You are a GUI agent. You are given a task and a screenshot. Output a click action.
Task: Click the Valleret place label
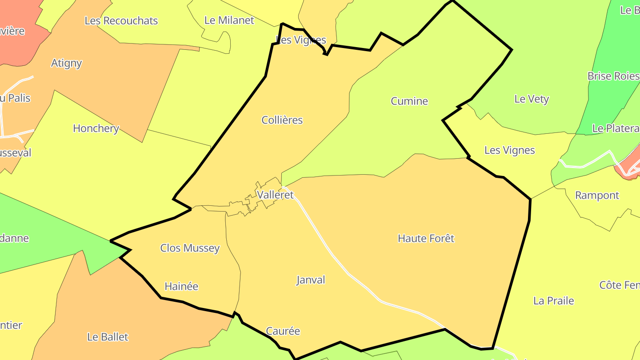tap(276, 195)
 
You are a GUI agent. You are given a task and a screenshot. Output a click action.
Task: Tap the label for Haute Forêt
tap(426, 239)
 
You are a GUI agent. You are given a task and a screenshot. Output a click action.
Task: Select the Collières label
tap(282, 120)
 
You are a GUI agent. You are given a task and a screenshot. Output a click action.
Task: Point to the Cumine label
tap(409, 101)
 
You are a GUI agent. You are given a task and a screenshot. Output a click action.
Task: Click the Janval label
tap(311, 280)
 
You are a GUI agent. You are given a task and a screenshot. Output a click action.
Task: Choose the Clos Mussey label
tap(190, 248)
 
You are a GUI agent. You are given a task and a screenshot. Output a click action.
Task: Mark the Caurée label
tap(283, 331)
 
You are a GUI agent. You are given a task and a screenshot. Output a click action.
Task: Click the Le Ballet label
tap(108, 337)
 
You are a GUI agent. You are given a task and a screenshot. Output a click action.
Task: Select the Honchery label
tap(96, 128)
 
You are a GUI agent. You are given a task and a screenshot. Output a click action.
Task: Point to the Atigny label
tap(67, 63)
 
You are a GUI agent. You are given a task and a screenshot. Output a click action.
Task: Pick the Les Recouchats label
tap(121, 21)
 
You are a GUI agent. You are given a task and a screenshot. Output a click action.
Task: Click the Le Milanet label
tap(229, 20)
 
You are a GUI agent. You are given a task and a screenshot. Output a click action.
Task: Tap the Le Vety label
tap(532, 99)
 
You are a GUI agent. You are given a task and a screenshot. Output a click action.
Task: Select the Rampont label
tap(597, 196)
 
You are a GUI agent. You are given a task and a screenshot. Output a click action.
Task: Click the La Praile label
tap(553, 301)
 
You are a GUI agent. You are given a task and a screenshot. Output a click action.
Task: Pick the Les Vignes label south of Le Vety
tap(509, 150)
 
